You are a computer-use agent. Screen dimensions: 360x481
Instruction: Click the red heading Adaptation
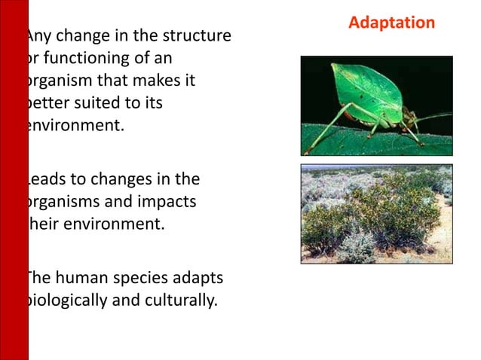[391, 23]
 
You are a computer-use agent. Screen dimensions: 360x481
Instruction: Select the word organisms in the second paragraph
[63, 201]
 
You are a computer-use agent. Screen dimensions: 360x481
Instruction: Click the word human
[79, 279]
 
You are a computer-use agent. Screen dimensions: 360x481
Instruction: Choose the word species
[139, 279]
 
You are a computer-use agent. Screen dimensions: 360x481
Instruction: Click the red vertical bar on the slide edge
[14, 180]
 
